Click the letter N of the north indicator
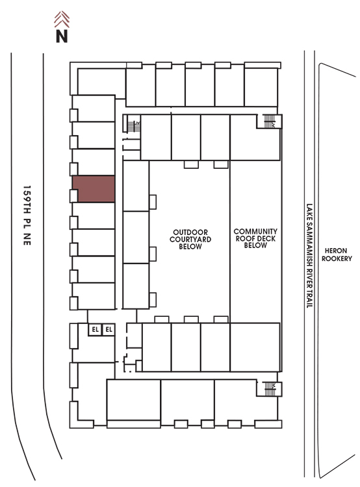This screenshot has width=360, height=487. tap(62, 36)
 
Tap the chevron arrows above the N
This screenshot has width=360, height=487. tap(62, 19)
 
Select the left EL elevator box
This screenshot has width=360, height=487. tap(95, 329)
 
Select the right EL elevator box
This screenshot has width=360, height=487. tap(109, 329)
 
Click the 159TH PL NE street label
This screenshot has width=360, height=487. tap(27, 215)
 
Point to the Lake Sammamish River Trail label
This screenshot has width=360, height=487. tap(309, 256)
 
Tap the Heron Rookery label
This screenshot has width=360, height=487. tap(337, 255)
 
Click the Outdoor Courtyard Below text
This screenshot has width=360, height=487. tap(190, 239)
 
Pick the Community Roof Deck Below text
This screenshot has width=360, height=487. tap(255, 238)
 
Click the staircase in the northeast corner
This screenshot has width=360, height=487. tap(269, 121)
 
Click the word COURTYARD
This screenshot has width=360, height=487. tap(190, 239)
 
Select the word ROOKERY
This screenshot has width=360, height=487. tap(337, 258)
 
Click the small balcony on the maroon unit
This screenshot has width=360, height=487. tap(73, 196)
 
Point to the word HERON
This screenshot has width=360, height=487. tap(336, 251)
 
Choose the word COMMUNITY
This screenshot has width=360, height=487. tap(255, 231)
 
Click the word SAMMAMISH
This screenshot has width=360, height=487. tap(309, 243)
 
